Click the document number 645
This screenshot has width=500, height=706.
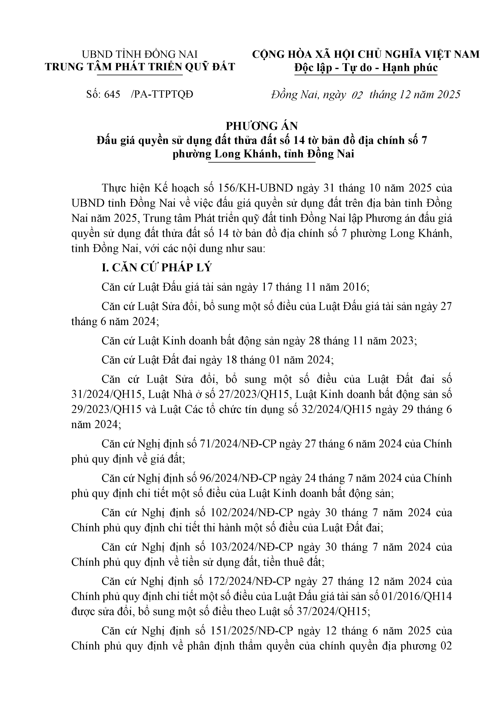click(112, 94)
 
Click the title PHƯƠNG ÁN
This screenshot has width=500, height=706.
click(262, 126)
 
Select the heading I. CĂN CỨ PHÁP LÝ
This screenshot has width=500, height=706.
click(157, 268)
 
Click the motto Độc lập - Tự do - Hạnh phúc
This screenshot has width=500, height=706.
click(366, 67)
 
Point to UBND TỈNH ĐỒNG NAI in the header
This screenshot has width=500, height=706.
click(139, 54)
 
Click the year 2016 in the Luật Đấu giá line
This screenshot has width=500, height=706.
click(354, 287)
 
